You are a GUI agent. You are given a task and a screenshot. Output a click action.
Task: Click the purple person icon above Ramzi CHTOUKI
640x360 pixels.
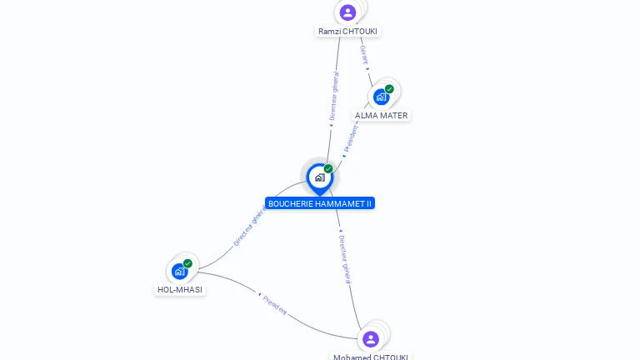pos(347,12)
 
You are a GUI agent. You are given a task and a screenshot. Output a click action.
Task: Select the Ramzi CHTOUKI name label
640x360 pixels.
pos(347,32)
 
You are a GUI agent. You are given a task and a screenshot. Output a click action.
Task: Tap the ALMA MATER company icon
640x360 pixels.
pos(381,97)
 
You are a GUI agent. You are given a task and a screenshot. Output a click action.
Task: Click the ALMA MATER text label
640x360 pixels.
pos(382,116)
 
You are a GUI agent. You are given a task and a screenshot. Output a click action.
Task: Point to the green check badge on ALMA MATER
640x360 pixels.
pos(389,89)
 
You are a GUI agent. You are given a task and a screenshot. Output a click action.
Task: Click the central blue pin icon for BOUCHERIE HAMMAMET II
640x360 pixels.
pos(319,177)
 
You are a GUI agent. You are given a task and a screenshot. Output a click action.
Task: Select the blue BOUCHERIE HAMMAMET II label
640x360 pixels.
pos(320,203)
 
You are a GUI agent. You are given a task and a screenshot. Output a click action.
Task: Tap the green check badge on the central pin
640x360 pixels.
pos(328,169)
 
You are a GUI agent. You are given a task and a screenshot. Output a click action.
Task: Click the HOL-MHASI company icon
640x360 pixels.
pos(179,271)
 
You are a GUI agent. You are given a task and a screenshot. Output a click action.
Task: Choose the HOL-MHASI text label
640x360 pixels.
pos(179,290)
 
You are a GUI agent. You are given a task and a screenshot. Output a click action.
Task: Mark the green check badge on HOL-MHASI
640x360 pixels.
pos(187,263)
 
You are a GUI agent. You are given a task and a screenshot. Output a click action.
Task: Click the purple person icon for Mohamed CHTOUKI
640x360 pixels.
pos(371,339)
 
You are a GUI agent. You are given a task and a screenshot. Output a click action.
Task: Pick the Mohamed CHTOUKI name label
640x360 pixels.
pos(371,357)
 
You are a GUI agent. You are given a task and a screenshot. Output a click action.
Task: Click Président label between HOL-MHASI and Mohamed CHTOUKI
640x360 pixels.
pos(275,306)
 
